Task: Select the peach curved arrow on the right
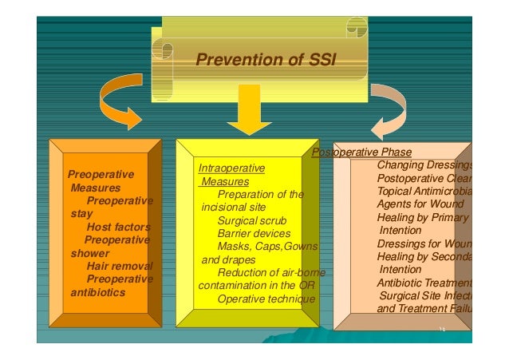tap(390, 108)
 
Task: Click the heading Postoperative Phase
tap(361, 152)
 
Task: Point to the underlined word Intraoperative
tap(231, 168)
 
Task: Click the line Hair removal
tap(119, 266)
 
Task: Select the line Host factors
tap(118, 227)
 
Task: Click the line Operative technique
tap(266, 299)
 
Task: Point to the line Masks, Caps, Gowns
tap(267, 246)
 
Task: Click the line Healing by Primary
tap(423, 217)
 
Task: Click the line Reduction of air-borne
tap(270, 273)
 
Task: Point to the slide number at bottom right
tap(440, 329)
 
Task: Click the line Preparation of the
tap(261, 194)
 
